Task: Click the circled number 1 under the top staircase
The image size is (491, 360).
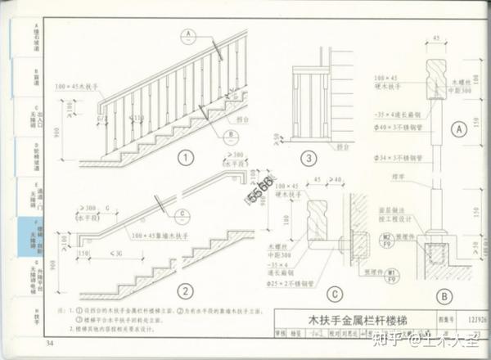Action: (187, 158)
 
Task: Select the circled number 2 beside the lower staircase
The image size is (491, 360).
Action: (187, 290)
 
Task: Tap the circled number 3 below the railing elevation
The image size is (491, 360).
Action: (308, 159)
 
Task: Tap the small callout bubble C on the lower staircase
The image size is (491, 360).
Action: (182, 216)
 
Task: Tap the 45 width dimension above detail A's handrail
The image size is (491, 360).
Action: (435, 38)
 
